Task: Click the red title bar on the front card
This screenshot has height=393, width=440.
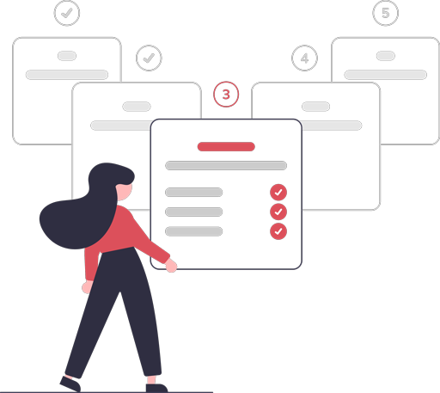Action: (x=226, y=146)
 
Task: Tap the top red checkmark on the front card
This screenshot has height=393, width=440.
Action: (x=278, y=192)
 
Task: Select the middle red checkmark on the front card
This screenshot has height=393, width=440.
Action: (x=278, y=212)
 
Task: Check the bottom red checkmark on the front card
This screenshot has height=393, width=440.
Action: (x=278, y=231)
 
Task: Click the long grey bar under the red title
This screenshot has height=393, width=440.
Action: (x=226, y=165)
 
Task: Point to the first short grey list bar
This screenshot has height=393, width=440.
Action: (x=193, y=192)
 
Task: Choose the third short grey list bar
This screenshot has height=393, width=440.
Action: (x=193, y=231)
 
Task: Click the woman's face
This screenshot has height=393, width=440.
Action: (x=125, y=192)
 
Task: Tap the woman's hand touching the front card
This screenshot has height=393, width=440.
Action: (x=171, y=266)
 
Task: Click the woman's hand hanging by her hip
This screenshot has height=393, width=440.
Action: (x=87, y=287)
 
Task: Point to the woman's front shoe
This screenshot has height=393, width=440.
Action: (x=156, y=388)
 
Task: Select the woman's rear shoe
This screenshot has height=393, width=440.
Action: (x=70, y=384)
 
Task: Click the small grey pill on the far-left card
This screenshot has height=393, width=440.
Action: (x=67, y=56)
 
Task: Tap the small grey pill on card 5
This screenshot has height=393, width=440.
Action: (x=386, y=56)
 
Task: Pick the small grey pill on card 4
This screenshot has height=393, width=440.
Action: (x=315, y=107)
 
